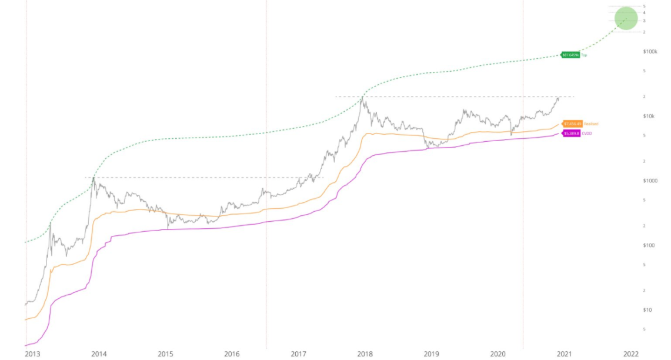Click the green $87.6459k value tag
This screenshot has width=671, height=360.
pos(570,55)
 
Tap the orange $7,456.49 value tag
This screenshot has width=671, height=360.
pos(572,124)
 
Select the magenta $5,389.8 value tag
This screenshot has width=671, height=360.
pos(572,134)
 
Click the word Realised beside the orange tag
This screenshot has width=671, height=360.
pos(591,124)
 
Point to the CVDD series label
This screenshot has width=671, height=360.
pos(587,134)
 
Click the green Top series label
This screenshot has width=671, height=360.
pos(585,55)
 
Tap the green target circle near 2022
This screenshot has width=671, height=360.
pos(626,18)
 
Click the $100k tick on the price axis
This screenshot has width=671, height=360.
pos(650,52)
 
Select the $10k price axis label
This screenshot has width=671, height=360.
pos(650,116)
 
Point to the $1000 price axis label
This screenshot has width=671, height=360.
pos(650,181)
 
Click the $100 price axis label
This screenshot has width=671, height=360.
pos(650,245)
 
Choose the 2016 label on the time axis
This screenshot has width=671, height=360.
pos(232,354)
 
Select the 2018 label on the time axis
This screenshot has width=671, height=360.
pos(365,354)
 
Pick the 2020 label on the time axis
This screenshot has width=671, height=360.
pos(498,354)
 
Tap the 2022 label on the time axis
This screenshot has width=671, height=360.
pos(631,354)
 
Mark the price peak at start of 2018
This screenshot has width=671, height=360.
pos(363,98)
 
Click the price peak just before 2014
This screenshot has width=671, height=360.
pos(94,178)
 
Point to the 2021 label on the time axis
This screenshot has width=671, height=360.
pos(565,354)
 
